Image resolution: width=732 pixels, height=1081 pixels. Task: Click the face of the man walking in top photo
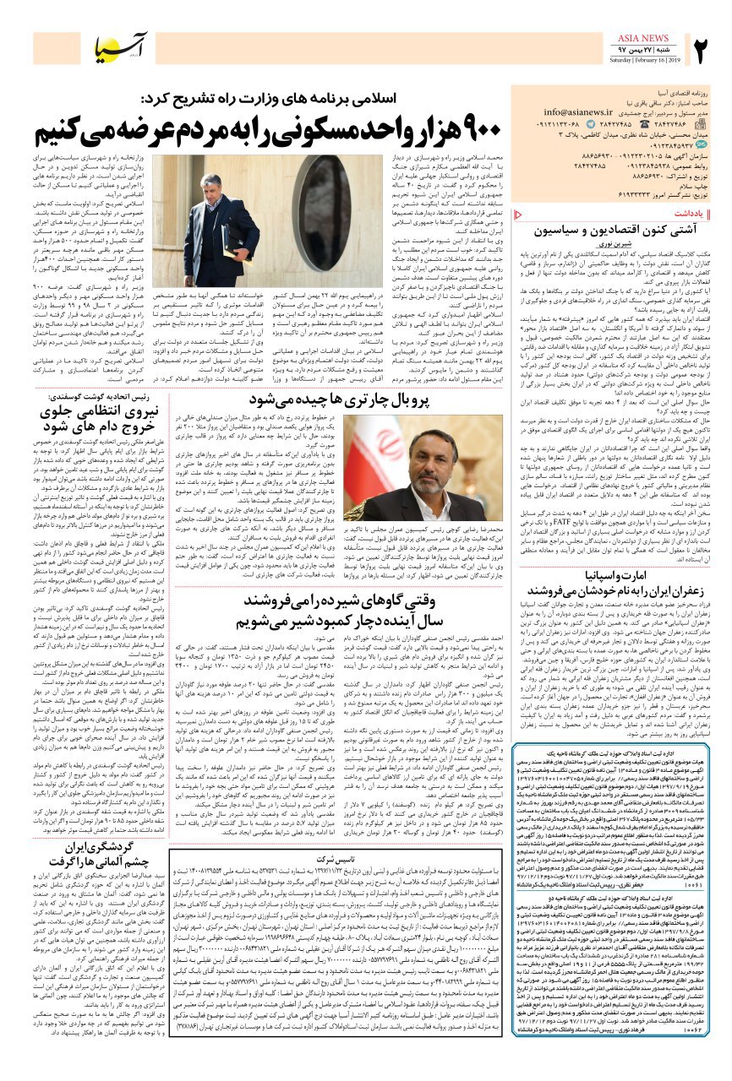[210, 187]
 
